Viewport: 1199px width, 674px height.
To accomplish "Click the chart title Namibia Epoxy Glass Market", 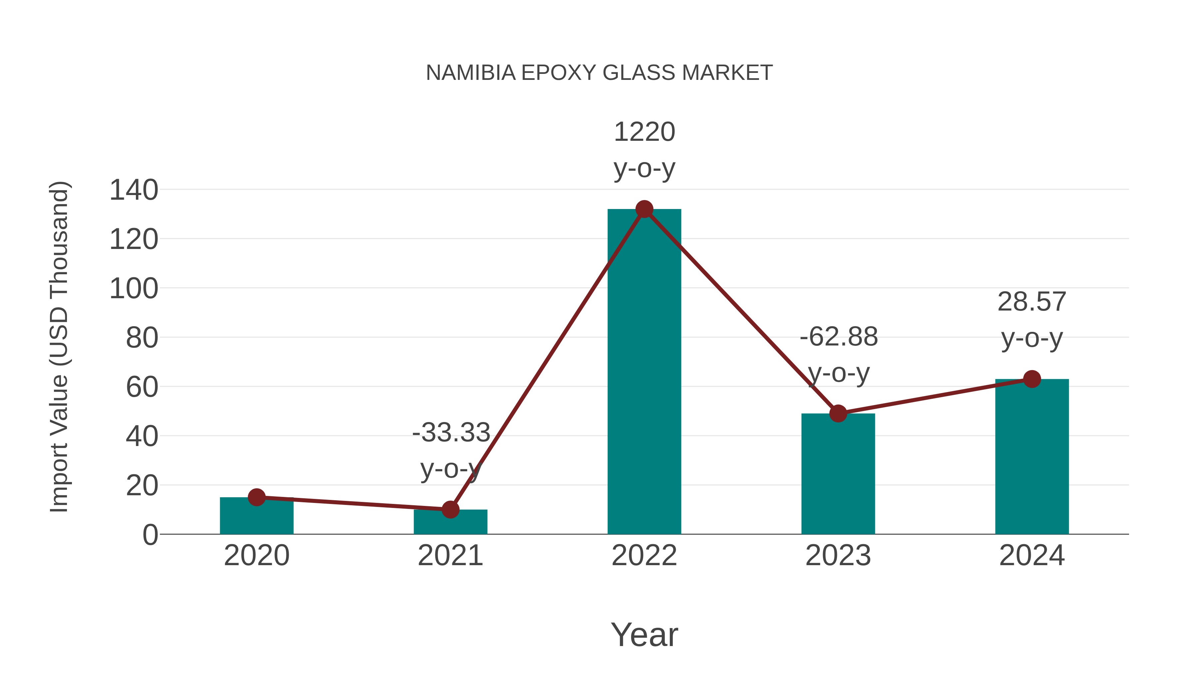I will point(599,73).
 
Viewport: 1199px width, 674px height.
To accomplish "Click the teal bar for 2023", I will point(838,474).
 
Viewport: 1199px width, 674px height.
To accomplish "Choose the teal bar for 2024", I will point(1032,458).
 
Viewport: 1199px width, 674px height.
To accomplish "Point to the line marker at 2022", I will point(644,209).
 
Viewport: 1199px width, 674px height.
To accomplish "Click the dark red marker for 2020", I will point(256,497).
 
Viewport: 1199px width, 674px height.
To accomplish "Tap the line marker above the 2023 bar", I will point(838,413).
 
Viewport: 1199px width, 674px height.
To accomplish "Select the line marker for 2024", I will point(1032,379).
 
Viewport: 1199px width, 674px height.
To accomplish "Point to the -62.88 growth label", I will point(839,354).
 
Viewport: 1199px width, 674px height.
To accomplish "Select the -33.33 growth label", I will point(451,450).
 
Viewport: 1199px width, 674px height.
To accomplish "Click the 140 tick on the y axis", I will point(134,190).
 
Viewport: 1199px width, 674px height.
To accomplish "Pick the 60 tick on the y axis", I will point(142,387).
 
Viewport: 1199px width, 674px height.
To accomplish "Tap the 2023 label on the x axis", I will point(838,556).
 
